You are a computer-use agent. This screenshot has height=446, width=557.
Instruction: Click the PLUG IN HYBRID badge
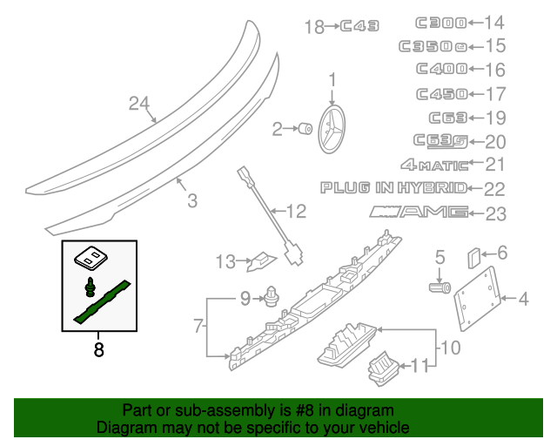393,186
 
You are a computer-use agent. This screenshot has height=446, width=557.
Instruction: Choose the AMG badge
419,211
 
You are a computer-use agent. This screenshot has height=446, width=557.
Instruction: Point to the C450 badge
441,94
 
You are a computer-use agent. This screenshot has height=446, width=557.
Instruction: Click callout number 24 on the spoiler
139,104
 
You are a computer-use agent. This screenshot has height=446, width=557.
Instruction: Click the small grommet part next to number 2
305,130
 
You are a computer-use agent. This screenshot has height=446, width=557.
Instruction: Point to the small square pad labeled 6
474,256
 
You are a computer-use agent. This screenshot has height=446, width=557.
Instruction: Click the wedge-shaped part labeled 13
262,259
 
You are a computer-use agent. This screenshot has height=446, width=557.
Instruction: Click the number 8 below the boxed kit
98,350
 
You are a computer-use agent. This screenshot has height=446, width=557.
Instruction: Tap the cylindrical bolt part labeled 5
439,285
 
